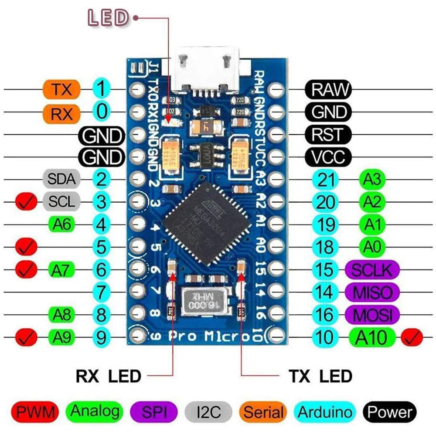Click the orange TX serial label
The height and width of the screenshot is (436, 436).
62,90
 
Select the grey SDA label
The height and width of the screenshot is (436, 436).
61,178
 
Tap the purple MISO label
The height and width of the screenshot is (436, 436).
372,292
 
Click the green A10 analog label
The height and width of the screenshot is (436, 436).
372,337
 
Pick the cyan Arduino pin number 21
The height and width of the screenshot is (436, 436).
325,179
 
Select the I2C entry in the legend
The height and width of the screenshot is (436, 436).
209,412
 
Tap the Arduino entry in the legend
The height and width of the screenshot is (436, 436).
325,412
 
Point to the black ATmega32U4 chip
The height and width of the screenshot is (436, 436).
206,223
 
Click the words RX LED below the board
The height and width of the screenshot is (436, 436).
109,376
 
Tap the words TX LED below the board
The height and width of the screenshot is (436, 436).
320,376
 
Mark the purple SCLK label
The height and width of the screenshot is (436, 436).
372,269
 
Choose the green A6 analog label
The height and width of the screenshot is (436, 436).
61,224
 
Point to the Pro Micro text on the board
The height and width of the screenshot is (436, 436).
209,336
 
